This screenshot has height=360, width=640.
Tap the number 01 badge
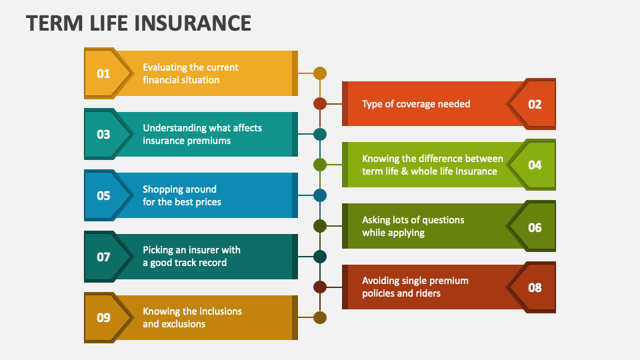tap(103, 73)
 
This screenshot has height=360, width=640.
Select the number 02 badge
tap(535, 104)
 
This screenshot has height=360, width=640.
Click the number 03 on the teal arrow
tap(103, 134)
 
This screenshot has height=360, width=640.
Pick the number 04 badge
tap(535, 165)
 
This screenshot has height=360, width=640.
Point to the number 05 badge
tap(103, 195)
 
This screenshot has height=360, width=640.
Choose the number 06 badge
tap(535, 227)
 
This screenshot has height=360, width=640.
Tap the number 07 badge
tap(103, 256)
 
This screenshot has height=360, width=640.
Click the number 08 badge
tap(535, 287)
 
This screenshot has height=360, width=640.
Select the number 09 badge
tap(103, 317)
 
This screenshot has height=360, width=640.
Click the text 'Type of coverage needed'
tap(416, 104)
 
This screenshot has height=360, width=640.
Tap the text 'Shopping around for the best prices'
tap(181, 195)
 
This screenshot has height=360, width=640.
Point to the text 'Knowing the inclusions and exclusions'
tap(192, 317)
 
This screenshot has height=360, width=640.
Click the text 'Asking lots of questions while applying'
tap(413, 226)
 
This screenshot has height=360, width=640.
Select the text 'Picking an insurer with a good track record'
tap(191, 256)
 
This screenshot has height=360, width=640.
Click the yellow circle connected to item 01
tap(320, 73)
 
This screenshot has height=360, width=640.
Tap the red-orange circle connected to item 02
tap(320, 103)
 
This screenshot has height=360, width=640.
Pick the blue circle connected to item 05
tap(320, 195)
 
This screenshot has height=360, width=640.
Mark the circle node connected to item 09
tap(320, 317)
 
